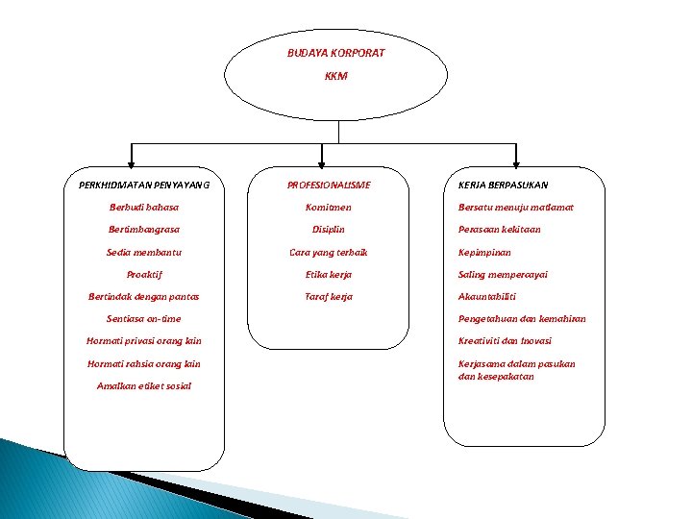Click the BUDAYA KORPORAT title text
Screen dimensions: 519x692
pyautogui.click(x=335, y=53)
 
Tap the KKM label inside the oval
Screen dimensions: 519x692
pyautogui.click(x=335, y=75)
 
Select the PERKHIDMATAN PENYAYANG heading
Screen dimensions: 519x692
pyautogui.click(x=143, y=185)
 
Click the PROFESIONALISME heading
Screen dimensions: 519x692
pyautogui.click(x=329, y=185)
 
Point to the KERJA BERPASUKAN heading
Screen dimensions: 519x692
pyautogui.click(x=504, y=185)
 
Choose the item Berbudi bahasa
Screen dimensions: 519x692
pyautogui.click(x=143, y=207)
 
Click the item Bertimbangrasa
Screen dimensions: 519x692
pyautogui.click(x=143, y=230)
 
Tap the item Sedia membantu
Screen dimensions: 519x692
pyautogui.click(x=143, y=252)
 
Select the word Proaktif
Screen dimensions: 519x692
pyautogui.click(x=143, y=274)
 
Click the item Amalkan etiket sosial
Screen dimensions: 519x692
pyautogui.click(x=143, y=385)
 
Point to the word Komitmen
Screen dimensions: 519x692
pyautogui.click(x=329, y=207)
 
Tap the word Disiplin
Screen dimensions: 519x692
pyautogui.click(x=329, y=230)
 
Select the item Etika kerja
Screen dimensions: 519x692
pyautogui.click(x=329, y=274)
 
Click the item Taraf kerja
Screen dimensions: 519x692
pyautogui.click(x=329, y=296)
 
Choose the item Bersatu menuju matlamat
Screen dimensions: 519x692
pyautogui.click(x=516, y=207)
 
